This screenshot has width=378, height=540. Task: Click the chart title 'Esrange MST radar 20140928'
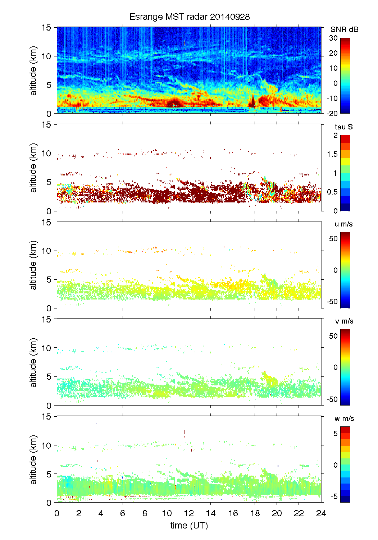click(189, 17)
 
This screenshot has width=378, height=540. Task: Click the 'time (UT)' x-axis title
click(189, 525)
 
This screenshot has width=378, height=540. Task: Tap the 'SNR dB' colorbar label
click(344, 29)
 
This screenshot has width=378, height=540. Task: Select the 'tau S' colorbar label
click(343, 127)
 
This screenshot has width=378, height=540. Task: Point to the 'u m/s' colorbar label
click(343, 224)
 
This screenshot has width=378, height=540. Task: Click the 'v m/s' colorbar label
click(344, 321)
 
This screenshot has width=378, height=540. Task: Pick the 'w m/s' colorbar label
click(344, 418)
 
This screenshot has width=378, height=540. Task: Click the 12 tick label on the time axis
click(189, 513)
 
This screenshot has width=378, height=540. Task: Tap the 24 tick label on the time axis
click(321, 513)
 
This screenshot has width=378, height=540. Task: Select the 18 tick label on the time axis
click(255, 513)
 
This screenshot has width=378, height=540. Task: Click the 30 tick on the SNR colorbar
click(333, 38)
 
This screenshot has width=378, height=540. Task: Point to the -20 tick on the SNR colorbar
click(332, 113)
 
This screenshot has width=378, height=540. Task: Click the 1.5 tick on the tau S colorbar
click(332, 154)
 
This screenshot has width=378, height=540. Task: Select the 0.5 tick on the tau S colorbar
click(332, 192)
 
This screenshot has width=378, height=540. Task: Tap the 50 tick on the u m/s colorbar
click(333, 239)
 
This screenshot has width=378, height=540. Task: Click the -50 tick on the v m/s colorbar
click(332, 399)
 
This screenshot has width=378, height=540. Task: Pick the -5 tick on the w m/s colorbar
click(334, 496)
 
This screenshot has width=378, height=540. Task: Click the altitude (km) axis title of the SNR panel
click(33, 70)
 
